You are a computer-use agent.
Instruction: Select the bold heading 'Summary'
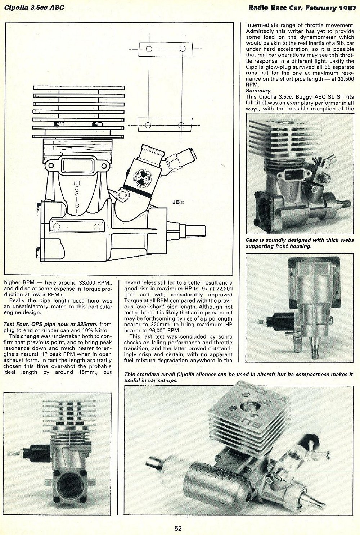pyautogui.click(x=258, y=91)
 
